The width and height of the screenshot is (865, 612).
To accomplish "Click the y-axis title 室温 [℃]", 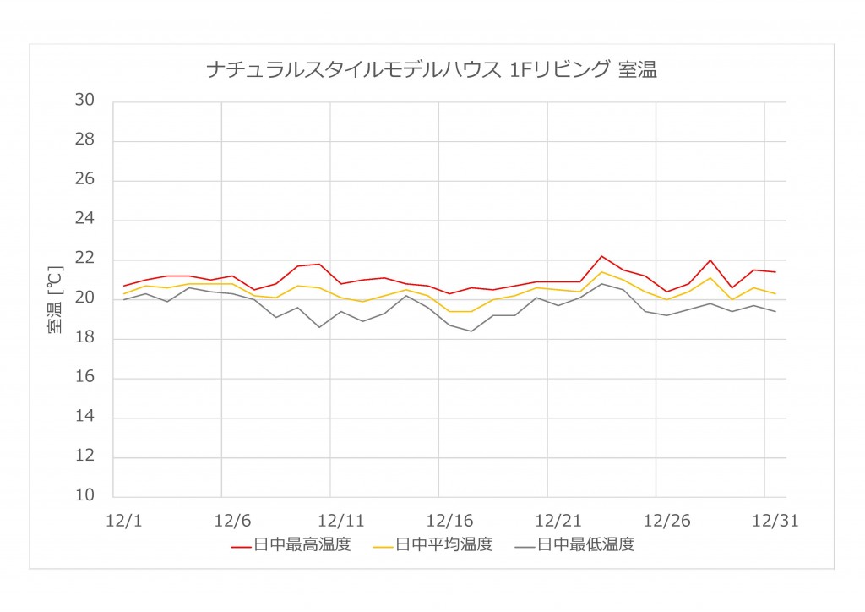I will coord(55,300).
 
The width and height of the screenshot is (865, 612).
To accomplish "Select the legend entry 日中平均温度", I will coord(444,545).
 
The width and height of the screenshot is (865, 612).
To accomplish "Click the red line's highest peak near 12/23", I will coord(601,256).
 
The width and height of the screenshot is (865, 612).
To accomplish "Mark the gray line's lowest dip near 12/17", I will coord(471,331).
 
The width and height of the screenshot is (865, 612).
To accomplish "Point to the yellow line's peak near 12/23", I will coord(601,271).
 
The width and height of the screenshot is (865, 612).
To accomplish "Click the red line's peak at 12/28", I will coord(710,260).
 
